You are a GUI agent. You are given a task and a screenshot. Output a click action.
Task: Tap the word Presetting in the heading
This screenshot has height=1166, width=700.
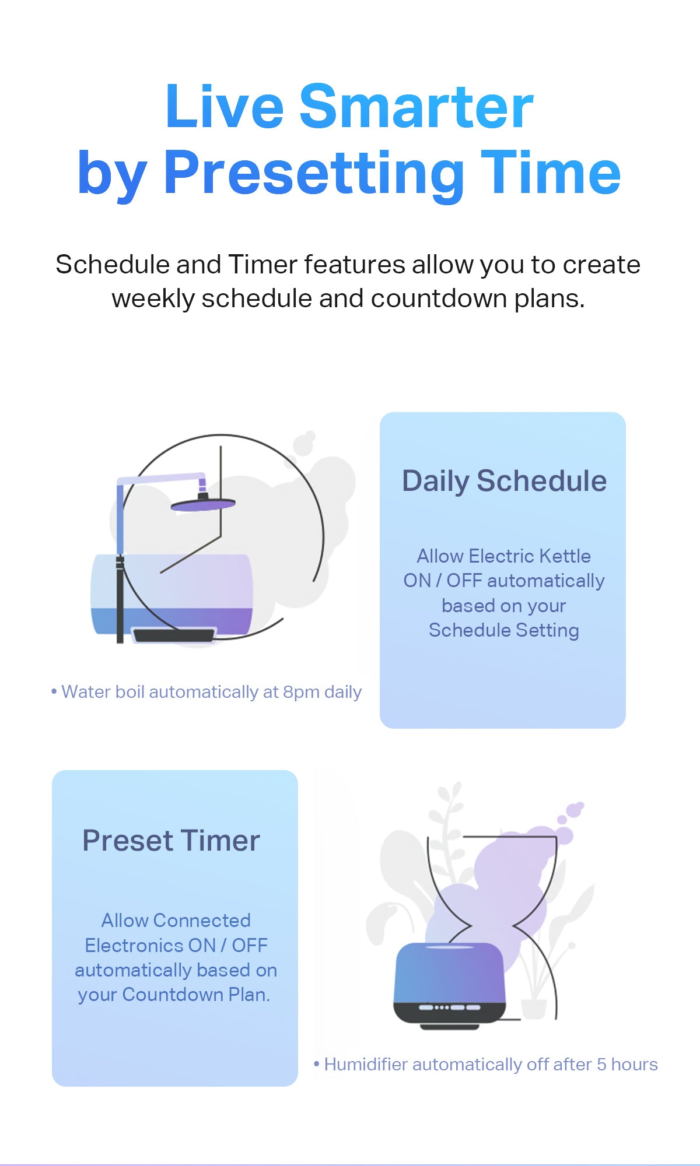(314, 173)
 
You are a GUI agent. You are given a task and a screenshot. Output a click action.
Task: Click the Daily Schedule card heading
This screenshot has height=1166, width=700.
(505, 482)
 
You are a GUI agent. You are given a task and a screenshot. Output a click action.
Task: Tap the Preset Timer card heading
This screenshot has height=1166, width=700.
(171, 841)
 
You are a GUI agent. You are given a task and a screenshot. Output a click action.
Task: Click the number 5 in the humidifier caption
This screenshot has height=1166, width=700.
(601, 1065)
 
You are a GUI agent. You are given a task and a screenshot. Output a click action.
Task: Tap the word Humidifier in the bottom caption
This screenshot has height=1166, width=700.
(366, 1065)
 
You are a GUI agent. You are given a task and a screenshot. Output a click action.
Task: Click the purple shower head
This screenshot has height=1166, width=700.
(203, 504)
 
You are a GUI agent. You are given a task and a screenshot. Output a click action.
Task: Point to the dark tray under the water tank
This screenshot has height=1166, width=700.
(174, 634)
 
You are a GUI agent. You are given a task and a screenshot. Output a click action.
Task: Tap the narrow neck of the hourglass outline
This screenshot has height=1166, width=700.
(492, 925)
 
